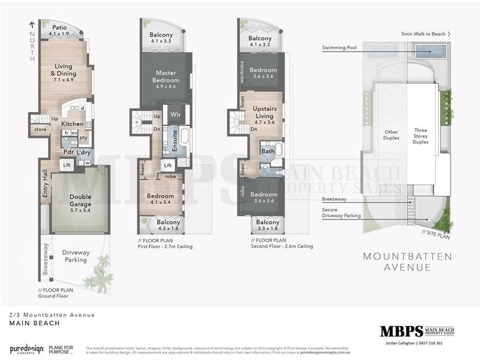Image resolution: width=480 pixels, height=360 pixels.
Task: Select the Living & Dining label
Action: pos(63,70)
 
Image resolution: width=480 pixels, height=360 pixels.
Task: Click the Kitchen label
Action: pos(73,124)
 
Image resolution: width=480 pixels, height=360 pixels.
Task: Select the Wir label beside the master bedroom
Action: pos(176,113)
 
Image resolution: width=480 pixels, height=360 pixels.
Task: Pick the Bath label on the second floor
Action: pos(268,152)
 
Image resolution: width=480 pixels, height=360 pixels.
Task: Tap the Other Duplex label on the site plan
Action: pos(391,136)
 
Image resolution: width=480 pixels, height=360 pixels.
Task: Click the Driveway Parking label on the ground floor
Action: pos(76,256)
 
